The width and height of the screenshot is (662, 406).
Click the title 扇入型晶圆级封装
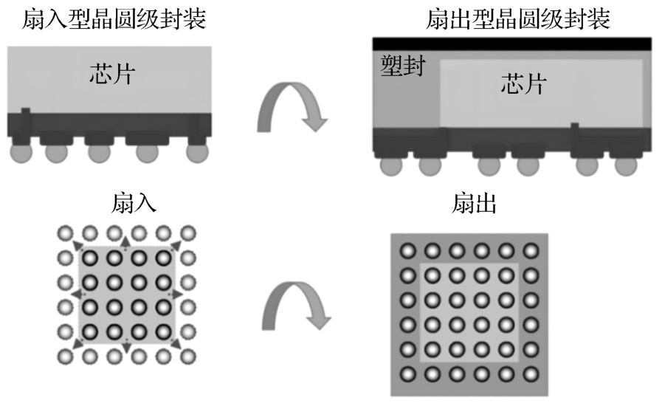(105, 18)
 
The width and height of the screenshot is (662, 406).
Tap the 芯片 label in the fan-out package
(523, 83)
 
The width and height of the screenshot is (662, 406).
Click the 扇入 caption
(134, 203)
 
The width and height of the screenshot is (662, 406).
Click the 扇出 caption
(474, 203)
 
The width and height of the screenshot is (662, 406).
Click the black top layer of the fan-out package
(511, 43)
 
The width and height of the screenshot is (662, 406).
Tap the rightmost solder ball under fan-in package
(197, 153)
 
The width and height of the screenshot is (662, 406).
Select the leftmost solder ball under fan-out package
(390, 166)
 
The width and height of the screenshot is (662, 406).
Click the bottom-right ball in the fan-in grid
(187, 355)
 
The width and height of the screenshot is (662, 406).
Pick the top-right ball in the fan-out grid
(529, 251)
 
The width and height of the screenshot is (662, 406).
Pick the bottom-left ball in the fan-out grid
(407, 374)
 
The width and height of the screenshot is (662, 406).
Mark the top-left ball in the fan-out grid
(407, 251)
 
